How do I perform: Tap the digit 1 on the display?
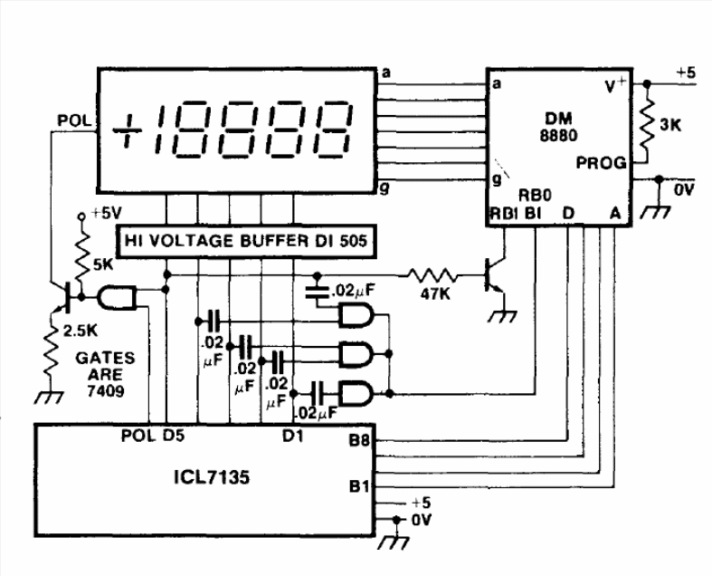tap(165, 129)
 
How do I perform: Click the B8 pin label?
tap(358, 442)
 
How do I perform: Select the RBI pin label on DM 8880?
tap(503, 214)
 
